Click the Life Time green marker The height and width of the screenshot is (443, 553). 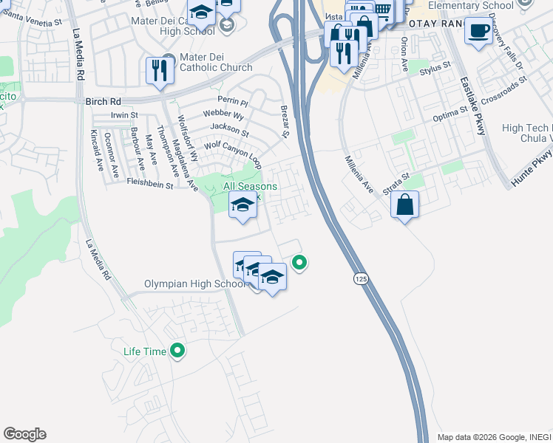pos(177,351)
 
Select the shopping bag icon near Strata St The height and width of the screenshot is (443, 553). pos(404,205)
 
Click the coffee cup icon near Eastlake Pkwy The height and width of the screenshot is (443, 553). pos(478,31)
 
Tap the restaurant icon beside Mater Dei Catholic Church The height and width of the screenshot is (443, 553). pos(160,70)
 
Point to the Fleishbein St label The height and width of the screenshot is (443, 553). pos(149,184)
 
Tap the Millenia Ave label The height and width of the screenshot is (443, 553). pos(359,174)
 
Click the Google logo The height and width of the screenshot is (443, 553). pos(24,434)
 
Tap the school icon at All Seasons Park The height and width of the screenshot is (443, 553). pos(242,205)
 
